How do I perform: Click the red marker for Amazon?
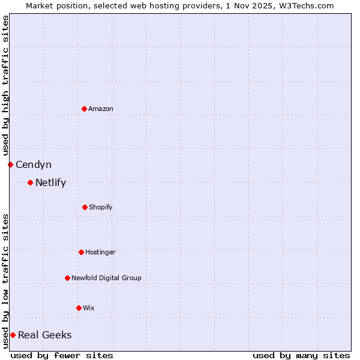(x=84, y=109)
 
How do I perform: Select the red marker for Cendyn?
(x=10, y=164)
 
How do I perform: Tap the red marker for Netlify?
(x=30, y=182)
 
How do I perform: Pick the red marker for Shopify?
(x=85, y=207)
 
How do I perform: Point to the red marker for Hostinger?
(x=81, y=252)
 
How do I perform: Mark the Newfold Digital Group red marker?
(x=67, y=278)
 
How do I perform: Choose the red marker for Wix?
(x=79, y=308)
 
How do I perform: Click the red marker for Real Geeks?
(x=13, y=335)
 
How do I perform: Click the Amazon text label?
(x=101, y=109)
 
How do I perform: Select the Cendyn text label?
(x=34, y=164)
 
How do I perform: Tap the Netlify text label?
(x=50, y=182)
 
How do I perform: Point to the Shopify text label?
(x=101, y=207)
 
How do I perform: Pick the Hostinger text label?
(x=100, y=252)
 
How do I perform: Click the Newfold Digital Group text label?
(x=106, y=278)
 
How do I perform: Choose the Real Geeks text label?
(x=44, y=335)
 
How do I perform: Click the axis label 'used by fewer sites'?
(x=62, y=355)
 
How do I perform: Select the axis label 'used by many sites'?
(x=301, y=355)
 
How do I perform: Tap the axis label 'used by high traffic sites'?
(x=5, y=85)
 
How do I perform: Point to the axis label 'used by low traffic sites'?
(x=5, y=280)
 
